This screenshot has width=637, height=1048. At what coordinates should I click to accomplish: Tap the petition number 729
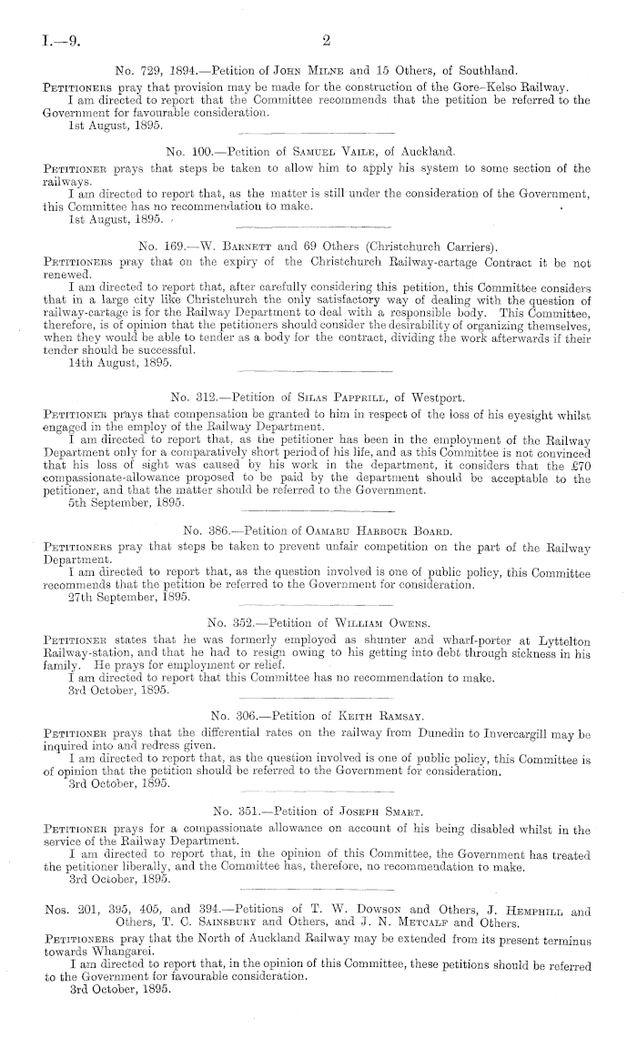[163, 68]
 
